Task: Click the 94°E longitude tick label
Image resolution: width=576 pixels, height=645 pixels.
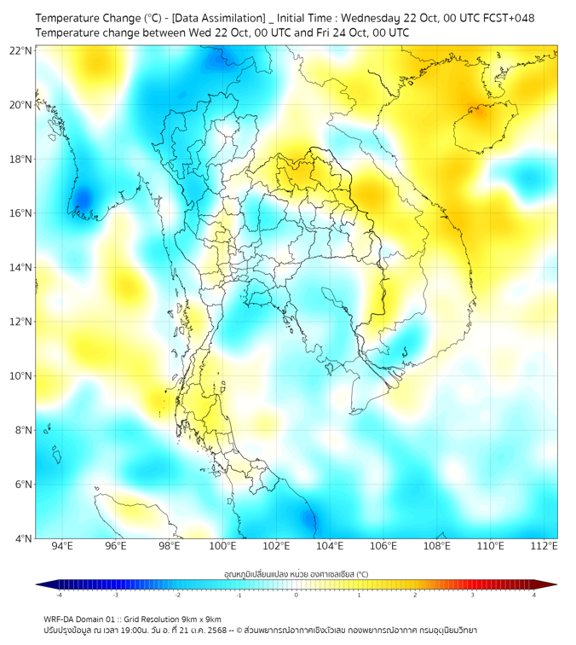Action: (61, 546)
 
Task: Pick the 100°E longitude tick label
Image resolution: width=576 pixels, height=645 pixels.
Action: (222, 546)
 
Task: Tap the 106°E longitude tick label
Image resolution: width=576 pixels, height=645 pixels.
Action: (383, 546)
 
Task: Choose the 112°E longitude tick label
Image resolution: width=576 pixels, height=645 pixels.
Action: (544, 546)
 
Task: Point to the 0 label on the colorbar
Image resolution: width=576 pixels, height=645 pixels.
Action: (297, 595)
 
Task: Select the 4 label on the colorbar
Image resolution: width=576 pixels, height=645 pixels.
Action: (534, 595)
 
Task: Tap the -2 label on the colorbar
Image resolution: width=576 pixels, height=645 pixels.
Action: (177, 595)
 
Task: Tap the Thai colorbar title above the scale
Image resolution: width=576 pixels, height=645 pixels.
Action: (296, 574)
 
